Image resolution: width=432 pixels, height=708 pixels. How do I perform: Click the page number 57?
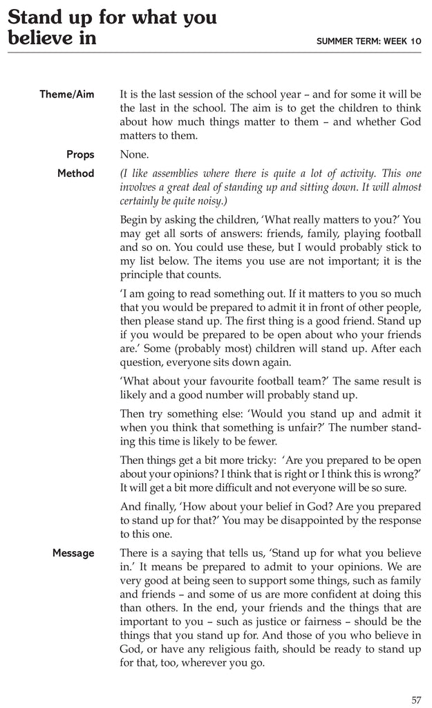click(416, 700)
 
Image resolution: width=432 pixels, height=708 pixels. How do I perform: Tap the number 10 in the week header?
click(414, 41)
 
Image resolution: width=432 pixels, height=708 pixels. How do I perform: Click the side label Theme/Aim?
click(67, 94)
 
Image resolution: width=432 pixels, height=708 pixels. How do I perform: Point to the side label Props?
click(80, 154)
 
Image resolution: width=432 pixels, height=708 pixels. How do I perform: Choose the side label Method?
click(75, 173)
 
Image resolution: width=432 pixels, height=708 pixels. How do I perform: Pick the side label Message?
click(73, 552)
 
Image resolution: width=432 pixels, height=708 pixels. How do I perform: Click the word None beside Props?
click(134, 154)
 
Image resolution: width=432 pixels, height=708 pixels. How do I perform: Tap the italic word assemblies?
click(172, 173)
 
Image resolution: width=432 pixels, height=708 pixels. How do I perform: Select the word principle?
click(147, 274)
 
